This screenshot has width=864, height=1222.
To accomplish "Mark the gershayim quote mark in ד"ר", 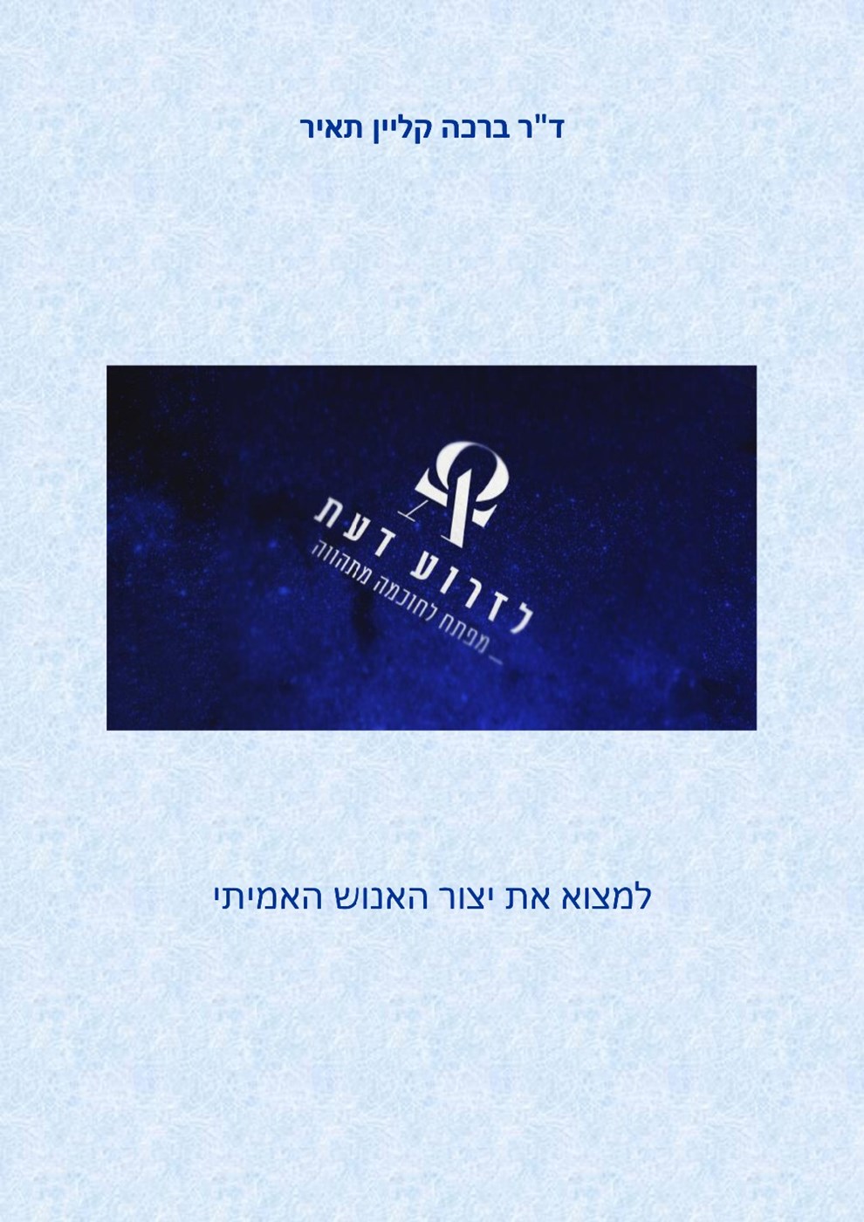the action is [x=540, y=120].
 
